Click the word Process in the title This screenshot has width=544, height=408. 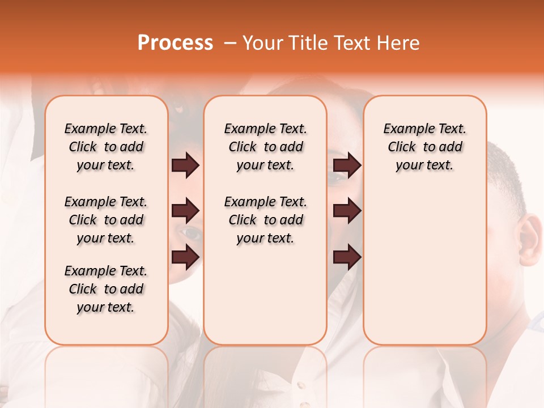pyautogui.click(x=175, y=43)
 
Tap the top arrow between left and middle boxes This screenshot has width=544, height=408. pyautogui.click(x=185, y=165)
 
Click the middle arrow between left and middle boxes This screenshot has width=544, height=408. pyautogui.click(x=185, y=211)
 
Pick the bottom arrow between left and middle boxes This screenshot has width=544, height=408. pyautogui.click(x=185, y=257)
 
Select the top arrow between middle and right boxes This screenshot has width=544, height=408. pyautogui.click(x=347, y=165)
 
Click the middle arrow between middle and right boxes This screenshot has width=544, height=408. pyautogui.click(x=347, y=211)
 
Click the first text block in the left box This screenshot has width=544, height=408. pyautogui.click(x=106, y=147)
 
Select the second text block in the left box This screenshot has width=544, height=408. pyautogui.click(x=106, y=220)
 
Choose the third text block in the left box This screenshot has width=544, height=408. pyautogui.click(x=106, y=289)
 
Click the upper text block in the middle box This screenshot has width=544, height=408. pyautogui.click(x=265, y=147)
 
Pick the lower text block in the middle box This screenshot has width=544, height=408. pyautogui.click(x=265, y=220)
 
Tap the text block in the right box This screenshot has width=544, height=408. pyautogui.click(x=424, y=147)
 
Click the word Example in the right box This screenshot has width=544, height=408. pyautogui.click(x=404, y=129)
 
